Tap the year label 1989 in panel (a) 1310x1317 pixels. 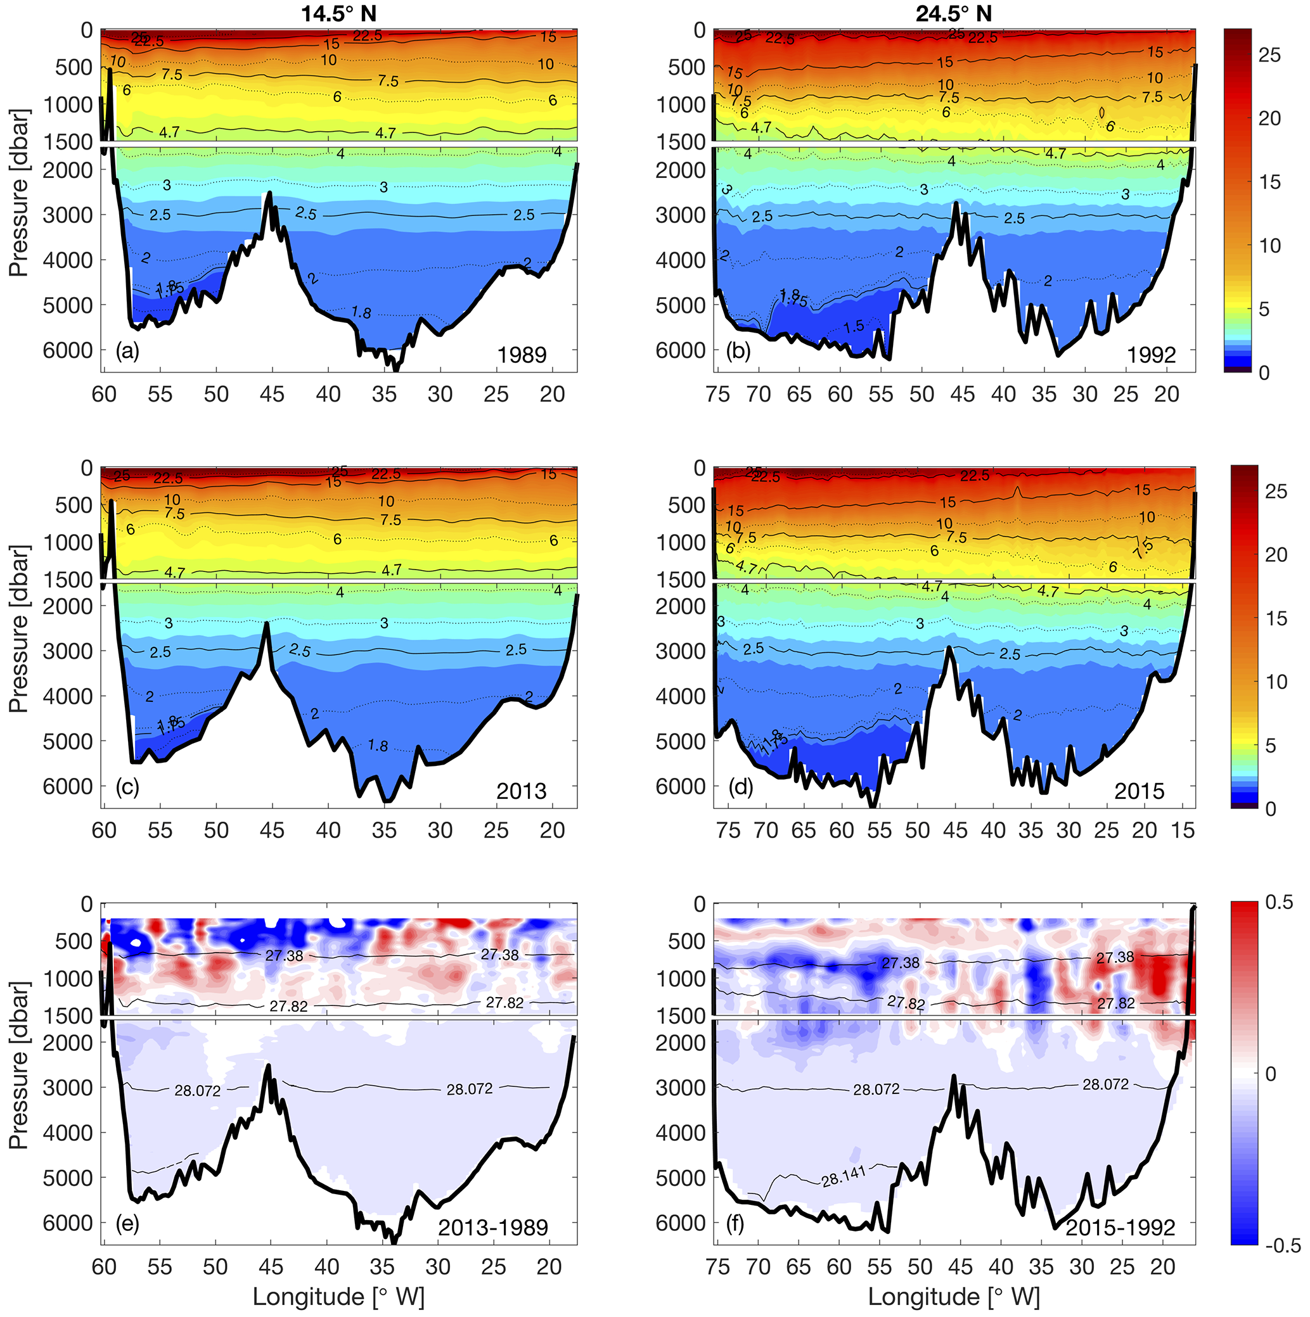[522, 355]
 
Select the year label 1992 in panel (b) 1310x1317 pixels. [1151, 355]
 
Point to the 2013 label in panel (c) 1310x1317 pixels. [521, 791]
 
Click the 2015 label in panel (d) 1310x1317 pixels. [1139, 791]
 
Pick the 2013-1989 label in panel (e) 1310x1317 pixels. [493, 1228]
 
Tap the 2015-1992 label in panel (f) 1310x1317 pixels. [1121, 1228]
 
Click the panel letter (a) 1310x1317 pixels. [127, 351]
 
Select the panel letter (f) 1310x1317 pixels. [735, 1225]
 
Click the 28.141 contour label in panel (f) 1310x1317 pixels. [844, 1176]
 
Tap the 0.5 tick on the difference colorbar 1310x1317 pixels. [1279, 903]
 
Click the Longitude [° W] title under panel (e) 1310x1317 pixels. [338, 1297]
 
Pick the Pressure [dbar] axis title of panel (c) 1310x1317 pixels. [18, 628]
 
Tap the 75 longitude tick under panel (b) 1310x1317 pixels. [718, 395]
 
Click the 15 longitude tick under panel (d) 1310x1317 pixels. [1183, 830]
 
